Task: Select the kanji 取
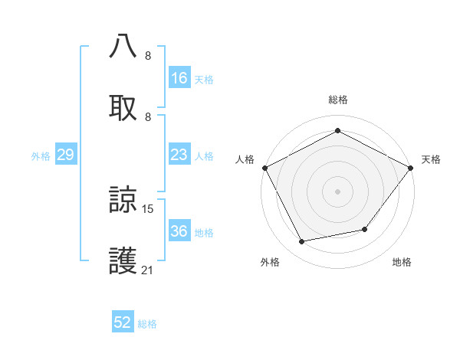pos(123,106)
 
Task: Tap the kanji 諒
pos(123,201)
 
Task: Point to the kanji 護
pos(123,261)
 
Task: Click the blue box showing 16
pos(179,78)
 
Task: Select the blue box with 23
pos(179,155)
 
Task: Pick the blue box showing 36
pos(179,232)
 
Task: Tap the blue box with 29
pos(65,155)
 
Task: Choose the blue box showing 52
pos(123,323)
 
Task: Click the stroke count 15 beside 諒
pos(148,208)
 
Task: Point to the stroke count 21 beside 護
pos(148,270)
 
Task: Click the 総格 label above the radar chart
pos(337,100)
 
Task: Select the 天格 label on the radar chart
pos(431,159)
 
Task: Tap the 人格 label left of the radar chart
pos(245,159)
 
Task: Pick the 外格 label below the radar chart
pos(270,262)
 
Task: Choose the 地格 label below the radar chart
pos(402,262)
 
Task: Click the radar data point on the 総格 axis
pos(337,131)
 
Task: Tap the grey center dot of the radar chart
pos(337,191)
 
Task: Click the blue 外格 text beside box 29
pos(41,156)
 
